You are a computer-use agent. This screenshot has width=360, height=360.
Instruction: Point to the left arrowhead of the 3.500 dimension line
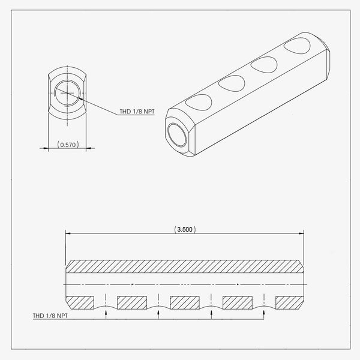[68, 233]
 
